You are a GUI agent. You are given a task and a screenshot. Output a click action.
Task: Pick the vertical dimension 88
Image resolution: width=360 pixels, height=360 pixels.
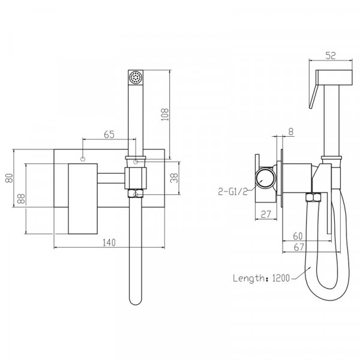(21, 199)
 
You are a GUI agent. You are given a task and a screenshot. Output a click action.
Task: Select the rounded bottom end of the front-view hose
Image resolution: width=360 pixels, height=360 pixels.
(136, 299)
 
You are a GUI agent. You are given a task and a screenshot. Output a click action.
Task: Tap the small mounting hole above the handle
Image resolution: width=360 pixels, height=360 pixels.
(82, 160)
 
